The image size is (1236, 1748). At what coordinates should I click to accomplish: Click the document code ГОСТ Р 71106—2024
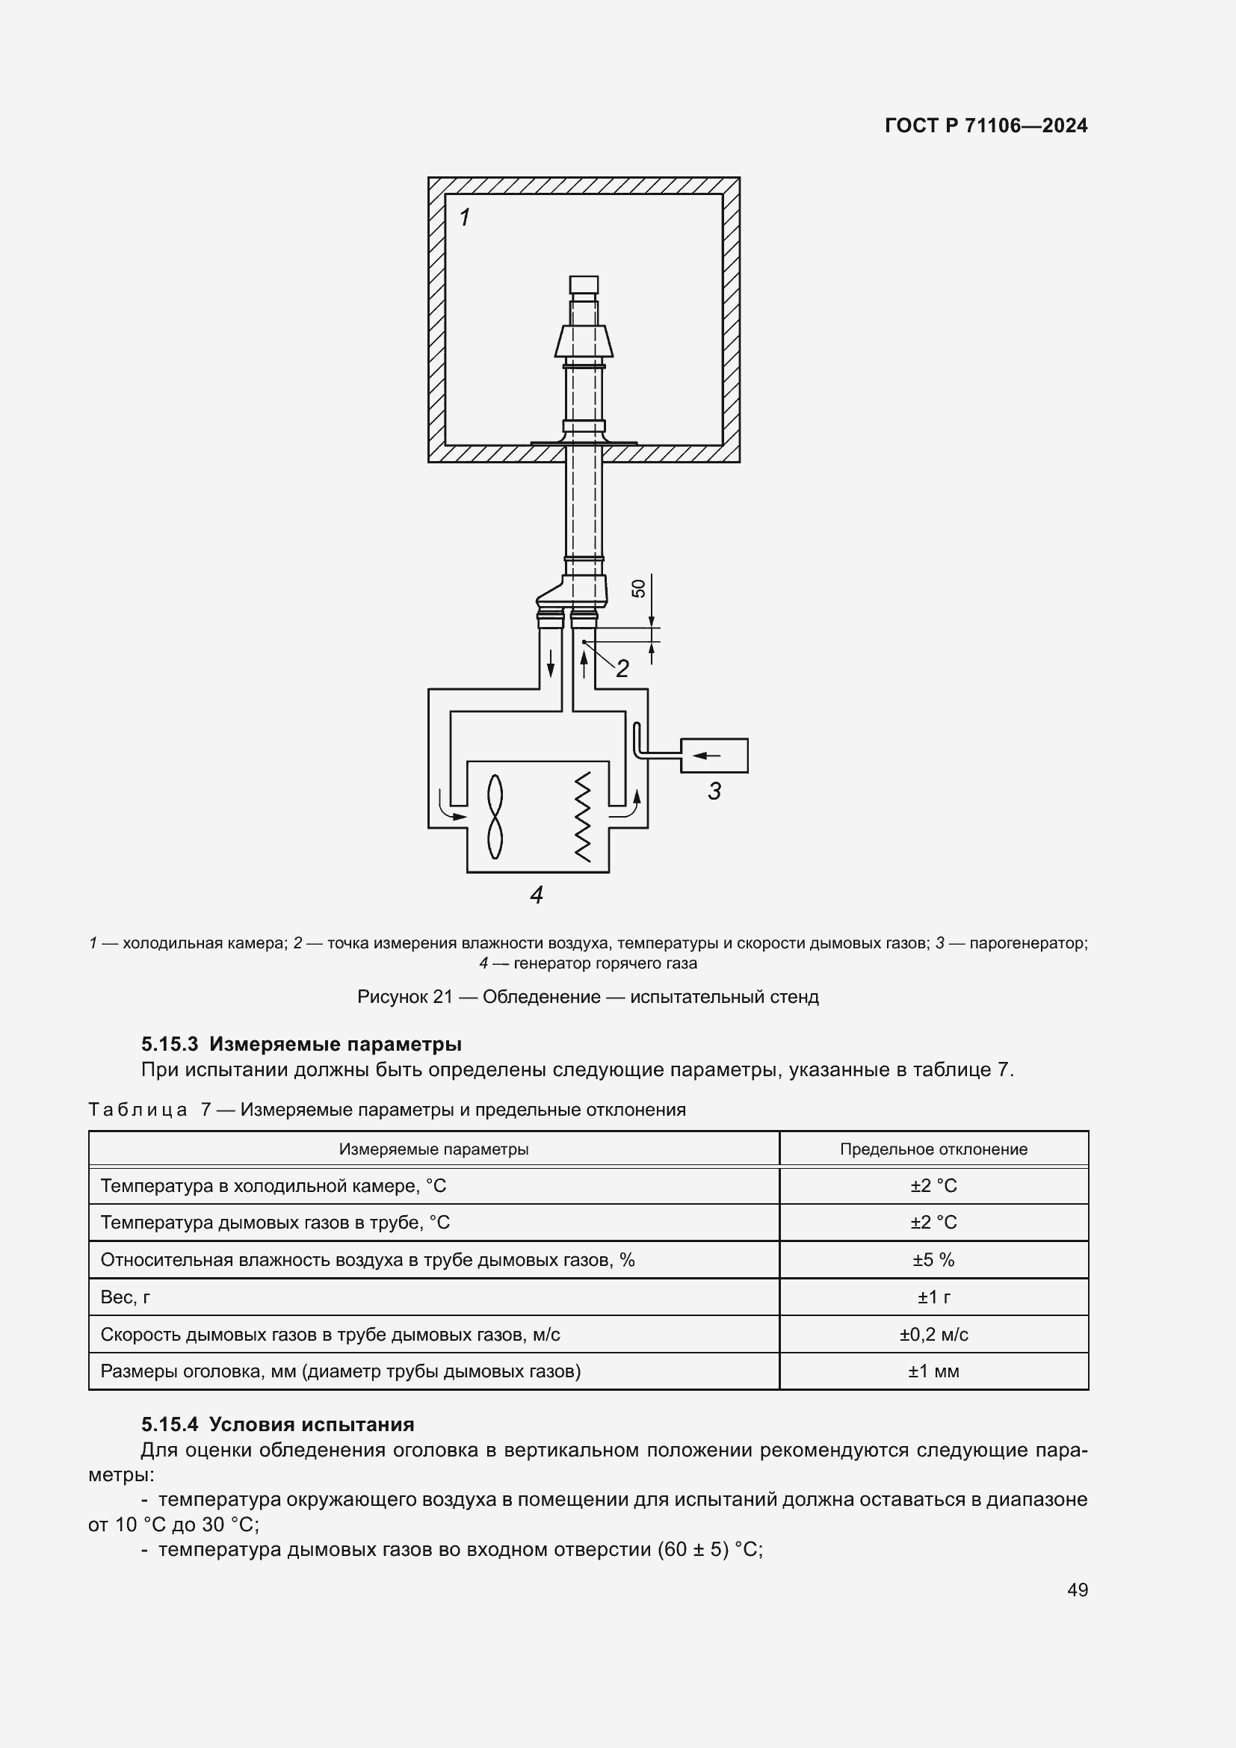tap(986, 126)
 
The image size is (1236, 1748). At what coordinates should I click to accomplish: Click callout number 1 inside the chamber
tap(465, 217)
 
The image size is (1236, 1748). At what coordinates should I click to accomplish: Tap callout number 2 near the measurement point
tap(622, 668)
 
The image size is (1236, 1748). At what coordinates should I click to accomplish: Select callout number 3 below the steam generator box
tap(714, 791)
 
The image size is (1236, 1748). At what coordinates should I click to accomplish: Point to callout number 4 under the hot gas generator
tap(537, 895)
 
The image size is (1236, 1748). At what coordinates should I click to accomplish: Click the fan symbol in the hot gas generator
tap(495, 817)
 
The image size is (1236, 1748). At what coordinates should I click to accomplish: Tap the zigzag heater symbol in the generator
tap(582, 817)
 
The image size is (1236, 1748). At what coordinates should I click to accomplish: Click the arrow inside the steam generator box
tap(708, 756)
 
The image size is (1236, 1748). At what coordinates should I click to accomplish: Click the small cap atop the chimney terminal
tap(584, 285)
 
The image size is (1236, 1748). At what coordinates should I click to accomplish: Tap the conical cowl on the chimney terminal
tap(584, 341)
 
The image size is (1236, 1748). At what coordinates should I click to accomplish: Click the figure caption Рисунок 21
tap(587, 997)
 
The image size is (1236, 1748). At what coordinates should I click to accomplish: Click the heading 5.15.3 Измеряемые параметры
tap(301, 1044)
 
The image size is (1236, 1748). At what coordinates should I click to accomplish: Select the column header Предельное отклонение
tap(933, 1149)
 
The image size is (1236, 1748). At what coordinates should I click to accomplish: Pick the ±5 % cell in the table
tap(933, 1260)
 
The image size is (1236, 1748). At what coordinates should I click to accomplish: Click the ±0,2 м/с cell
tap(933, 1335)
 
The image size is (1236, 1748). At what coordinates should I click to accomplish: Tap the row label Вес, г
tap(126, 1297)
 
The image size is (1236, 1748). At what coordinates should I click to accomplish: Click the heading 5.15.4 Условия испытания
tap(278, 1424)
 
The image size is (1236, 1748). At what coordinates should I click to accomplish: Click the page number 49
tap(1077, 1590)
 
